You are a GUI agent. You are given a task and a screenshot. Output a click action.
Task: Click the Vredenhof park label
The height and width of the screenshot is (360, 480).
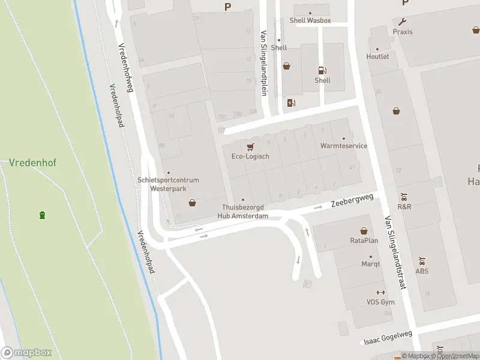tap(28, 163)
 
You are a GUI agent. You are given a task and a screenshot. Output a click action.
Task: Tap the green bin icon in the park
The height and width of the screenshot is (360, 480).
tap(42, 215)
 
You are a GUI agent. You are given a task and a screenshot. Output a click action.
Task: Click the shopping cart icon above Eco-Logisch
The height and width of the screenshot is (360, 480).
tap(250, 146)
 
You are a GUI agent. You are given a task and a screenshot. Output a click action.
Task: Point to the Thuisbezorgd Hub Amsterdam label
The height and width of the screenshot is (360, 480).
tap(242, 212)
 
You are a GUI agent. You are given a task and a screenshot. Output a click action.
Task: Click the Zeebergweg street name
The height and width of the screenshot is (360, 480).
tap(352, 200)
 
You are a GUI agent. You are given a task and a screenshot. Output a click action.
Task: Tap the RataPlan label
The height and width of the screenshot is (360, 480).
tap(364, 241)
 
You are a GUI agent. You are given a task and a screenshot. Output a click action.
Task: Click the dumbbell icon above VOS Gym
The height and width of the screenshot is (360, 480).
tap(380, 292)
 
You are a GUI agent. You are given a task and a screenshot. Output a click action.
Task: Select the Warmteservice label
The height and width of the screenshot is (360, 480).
tap(344, 146)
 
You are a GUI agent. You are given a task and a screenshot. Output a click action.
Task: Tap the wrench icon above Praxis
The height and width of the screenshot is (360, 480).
tap(402, 22)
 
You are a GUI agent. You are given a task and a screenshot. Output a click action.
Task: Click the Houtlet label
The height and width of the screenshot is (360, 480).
tap(377, 56)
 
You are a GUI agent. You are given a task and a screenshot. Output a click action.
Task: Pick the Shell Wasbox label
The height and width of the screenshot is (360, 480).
tap(310, 20)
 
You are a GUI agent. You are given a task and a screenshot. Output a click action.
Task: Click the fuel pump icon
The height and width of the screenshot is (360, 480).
tap(322, 70)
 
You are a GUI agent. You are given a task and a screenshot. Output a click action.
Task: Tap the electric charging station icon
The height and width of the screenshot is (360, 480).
tap(292, 103)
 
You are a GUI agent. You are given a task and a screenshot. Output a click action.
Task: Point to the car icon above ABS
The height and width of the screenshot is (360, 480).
tap(422, 262)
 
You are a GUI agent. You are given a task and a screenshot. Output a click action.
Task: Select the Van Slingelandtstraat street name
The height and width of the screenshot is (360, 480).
tap(395, 252)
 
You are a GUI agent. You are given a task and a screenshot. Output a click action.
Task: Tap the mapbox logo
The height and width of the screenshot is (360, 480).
tap(26, 353)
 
